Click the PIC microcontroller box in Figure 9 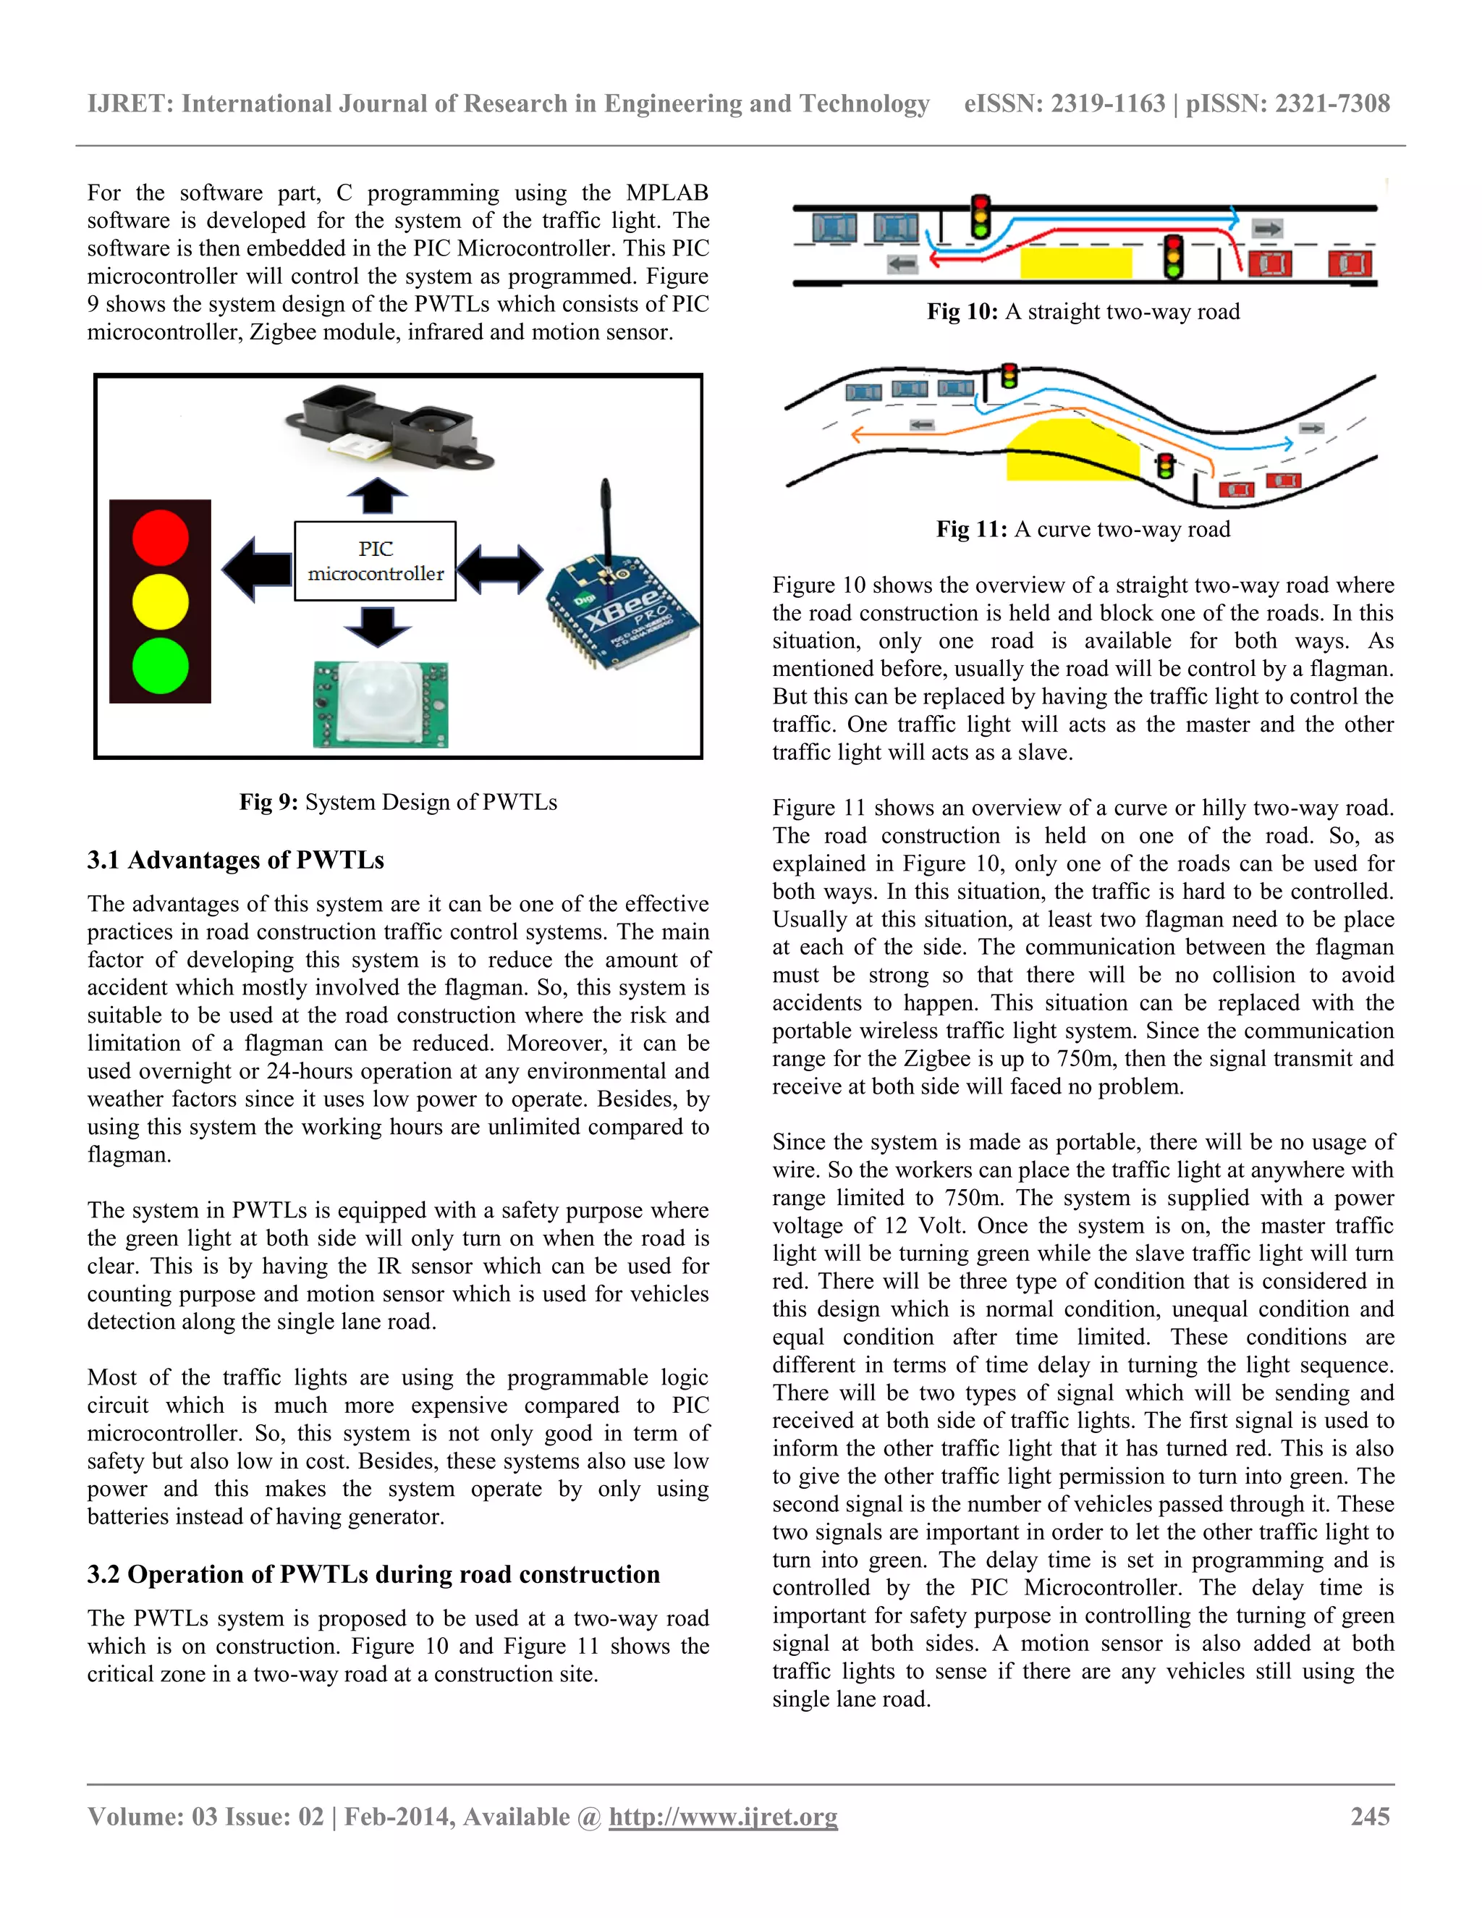pos(375,561)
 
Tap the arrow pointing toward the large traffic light pos(256,569)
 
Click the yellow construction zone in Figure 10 pos(1075,263)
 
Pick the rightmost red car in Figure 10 pos(1350,263)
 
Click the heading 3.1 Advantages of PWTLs pos(235,860)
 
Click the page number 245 pos(1370,1816)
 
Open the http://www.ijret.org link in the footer pos(723,1816)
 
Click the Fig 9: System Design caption pos(398,802)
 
